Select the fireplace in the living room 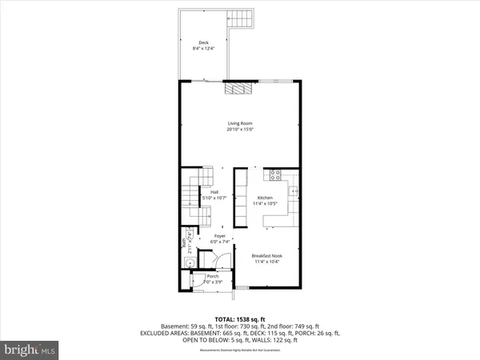pyautogui.click(x=237, y=88)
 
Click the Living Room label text pyautogui.click(x=239, y=122)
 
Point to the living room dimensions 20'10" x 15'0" pyautogui.click(x=239, y=129)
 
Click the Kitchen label pyautogui.click(x=266, y=197)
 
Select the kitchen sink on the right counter pyautogui.click(x=293, y=191)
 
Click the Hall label pyautogui.click(x=214, y=192)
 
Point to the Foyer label pyautogui.click(x=219, y=236)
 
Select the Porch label pyautogui.click(x=213, y=276)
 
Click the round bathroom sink pyautogui.click(x=190, y=265)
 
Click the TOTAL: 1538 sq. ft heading pyautogui.click(x=239, y=319)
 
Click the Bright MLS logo pyautogui.click(x=32, y=350)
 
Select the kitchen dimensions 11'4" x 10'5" pyautogui.click(x=266, y=203)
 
